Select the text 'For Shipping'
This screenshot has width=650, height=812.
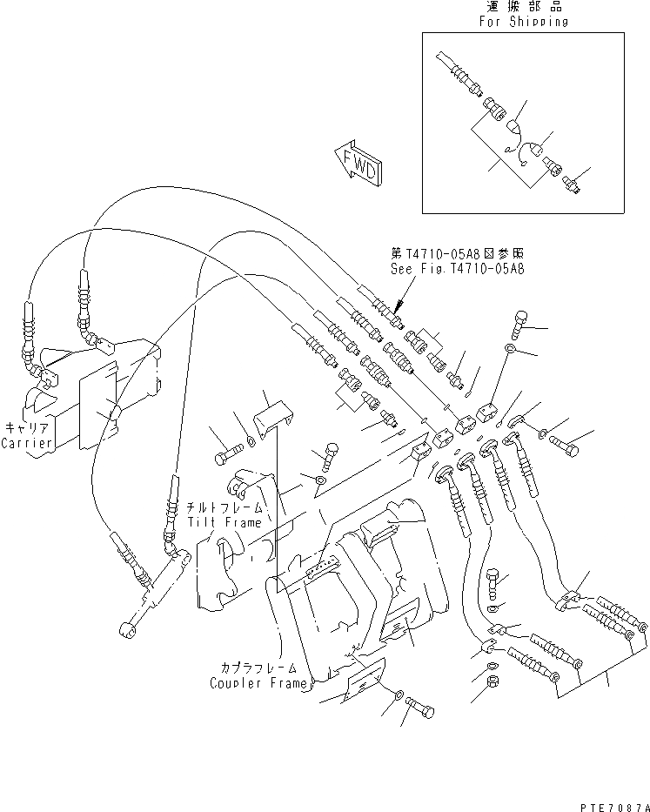(x=522, y=22)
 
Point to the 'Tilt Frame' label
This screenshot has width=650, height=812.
(x=224, y=522)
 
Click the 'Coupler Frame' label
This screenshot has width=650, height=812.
(x=258, y=682)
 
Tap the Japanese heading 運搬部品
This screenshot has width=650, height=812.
(x=522, y=7)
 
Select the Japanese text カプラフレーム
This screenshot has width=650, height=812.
(x=258, y=668)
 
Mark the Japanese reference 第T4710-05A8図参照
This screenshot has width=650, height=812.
(x=458, y=253)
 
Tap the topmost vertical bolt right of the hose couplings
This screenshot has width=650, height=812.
(x=520, y=325)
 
